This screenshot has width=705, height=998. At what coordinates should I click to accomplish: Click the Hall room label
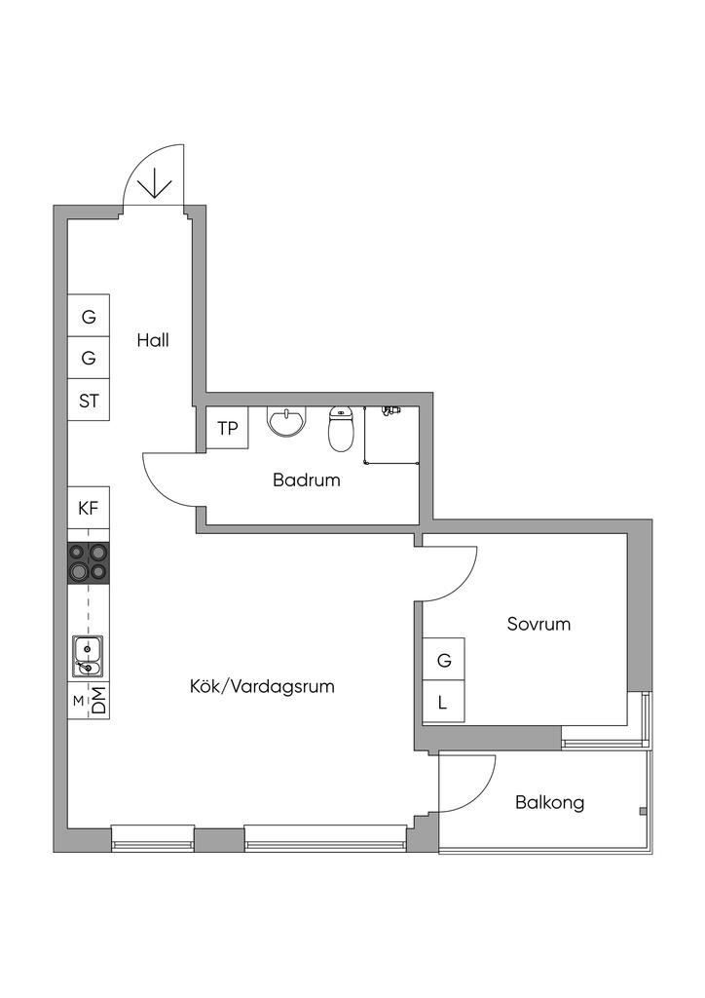coord(153,341)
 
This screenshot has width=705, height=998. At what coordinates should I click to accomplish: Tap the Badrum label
coord(306,480)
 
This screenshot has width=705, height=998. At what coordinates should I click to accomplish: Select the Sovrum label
coord(538,624)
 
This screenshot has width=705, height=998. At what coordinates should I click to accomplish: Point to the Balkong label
coord(550,803)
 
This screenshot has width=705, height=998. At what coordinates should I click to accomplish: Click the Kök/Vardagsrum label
coord(262,686)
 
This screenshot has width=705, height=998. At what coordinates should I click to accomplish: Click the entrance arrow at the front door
coord(156,182)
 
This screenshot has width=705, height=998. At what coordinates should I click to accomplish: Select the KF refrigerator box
coord(89,507)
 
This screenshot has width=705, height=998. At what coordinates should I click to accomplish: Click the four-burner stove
coord(88,563)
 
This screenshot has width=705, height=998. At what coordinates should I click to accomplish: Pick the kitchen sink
coord(88,656)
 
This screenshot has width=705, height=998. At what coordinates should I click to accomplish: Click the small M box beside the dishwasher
coord(77,701)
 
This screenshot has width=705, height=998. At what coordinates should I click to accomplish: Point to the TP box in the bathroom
coord(227,429)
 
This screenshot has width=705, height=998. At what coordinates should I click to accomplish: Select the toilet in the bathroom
coord(341,429)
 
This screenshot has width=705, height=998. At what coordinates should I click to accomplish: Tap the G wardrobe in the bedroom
coord(444,660)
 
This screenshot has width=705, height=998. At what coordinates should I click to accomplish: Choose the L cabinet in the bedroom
coord(444,703)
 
